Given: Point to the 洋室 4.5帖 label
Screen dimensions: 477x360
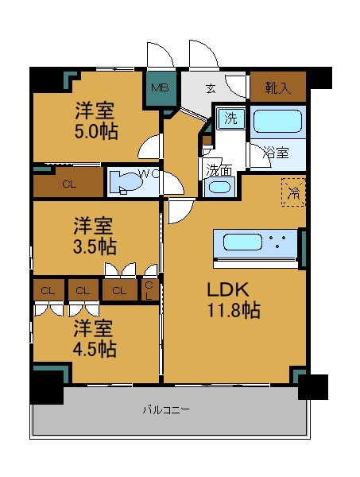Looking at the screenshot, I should point(97,338).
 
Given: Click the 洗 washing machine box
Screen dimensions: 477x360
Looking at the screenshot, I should point(230,119).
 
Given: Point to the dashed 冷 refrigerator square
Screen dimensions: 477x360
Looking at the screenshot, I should point(292,192).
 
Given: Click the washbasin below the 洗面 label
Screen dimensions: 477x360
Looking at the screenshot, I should point(219,188).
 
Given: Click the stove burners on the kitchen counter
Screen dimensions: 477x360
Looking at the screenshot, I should point(278,242).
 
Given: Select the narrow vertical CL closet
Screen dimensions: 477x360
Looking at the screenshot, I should point(149,290).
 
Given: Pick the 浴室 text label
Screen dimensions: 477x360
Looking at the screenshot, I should point(276,152).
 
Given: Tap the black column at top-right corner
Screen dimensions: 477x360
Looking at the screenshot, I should point(318,78).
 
